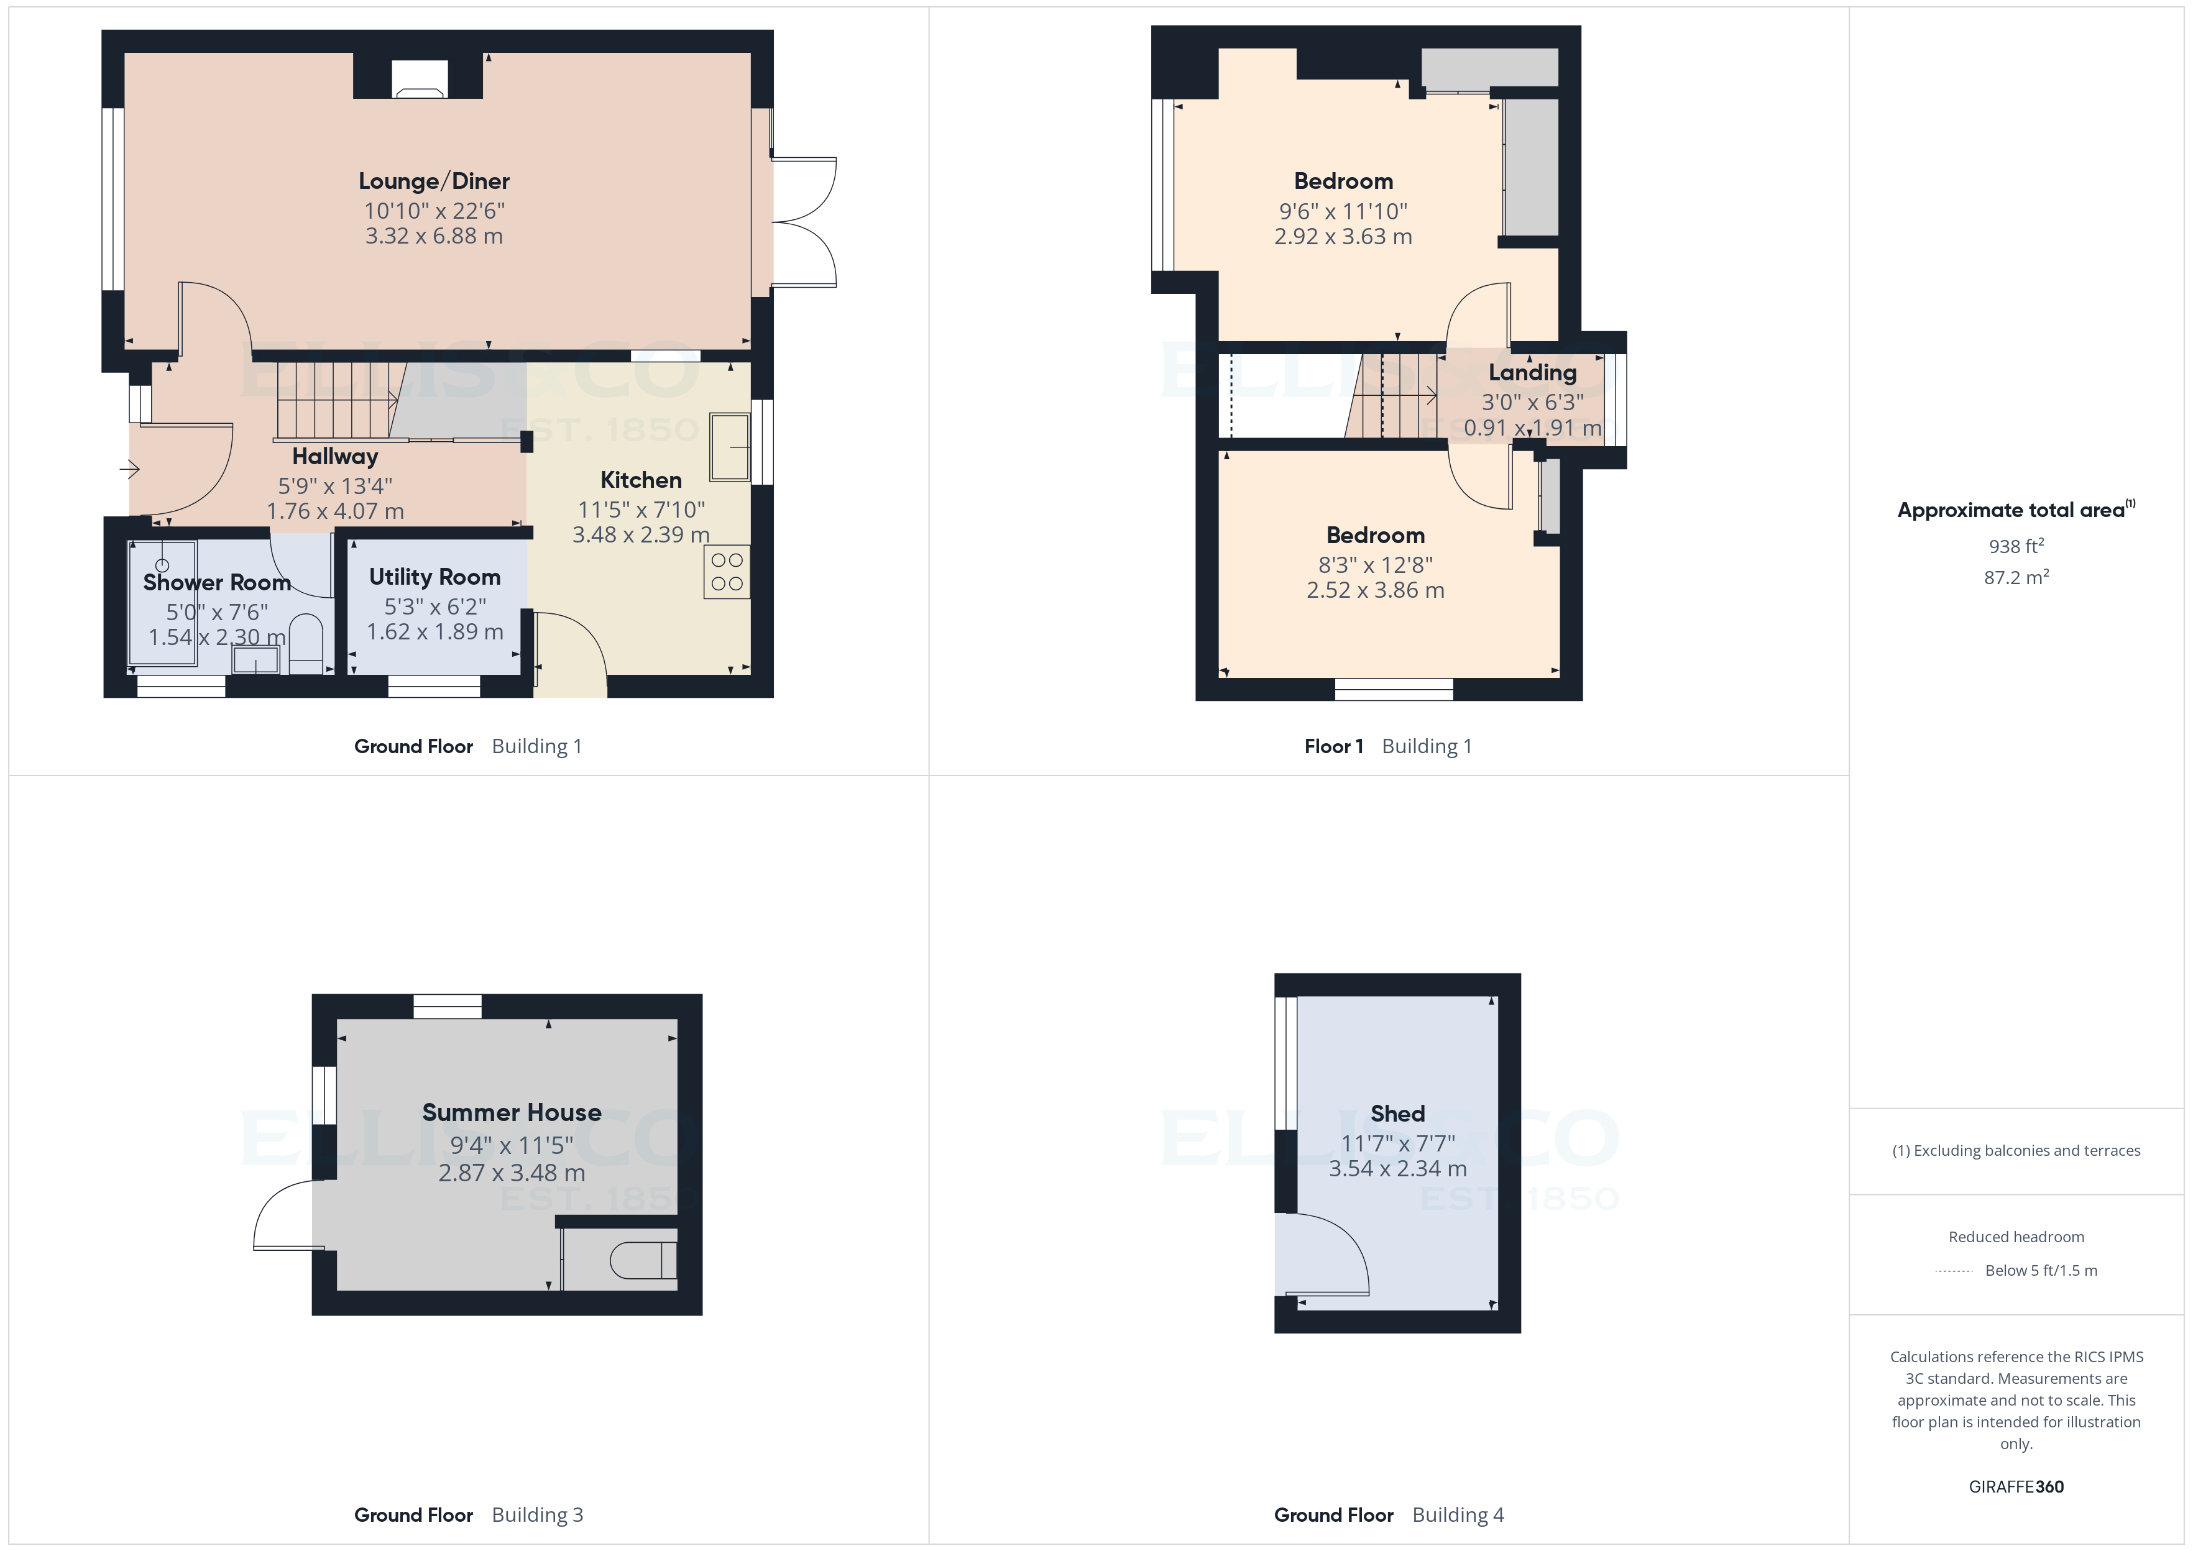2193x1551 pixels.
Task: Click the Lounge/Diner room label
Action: tap(434, 180)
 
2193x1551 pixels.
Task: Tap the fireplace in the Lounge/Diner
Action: tap(420, 80)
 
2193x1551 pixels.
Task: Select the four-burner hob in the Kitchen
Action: tap(727, 571)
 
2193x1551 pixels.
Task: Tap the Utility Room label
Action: tap(434, 577)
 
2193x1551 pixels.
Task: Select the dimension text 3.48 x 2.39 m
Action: tap(641, 535)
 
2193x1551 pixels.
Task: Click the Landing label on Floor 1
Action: tap(1532, 372)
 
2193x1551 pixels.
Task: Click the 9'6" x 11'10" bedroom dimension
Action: tap(1343, 211)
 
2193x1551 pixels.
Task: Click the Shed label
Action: tap(1397, 1114)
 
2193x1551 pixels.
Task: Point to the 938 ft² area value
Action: tap(2016, 546)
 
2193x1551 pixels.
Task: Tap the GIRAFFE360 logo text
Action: tap(2016, 1487)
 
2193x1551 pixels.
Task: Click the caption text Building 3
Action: tap(537, 1515)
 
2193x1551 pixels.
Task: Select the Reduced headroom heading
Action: tap(2016, 1237)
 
